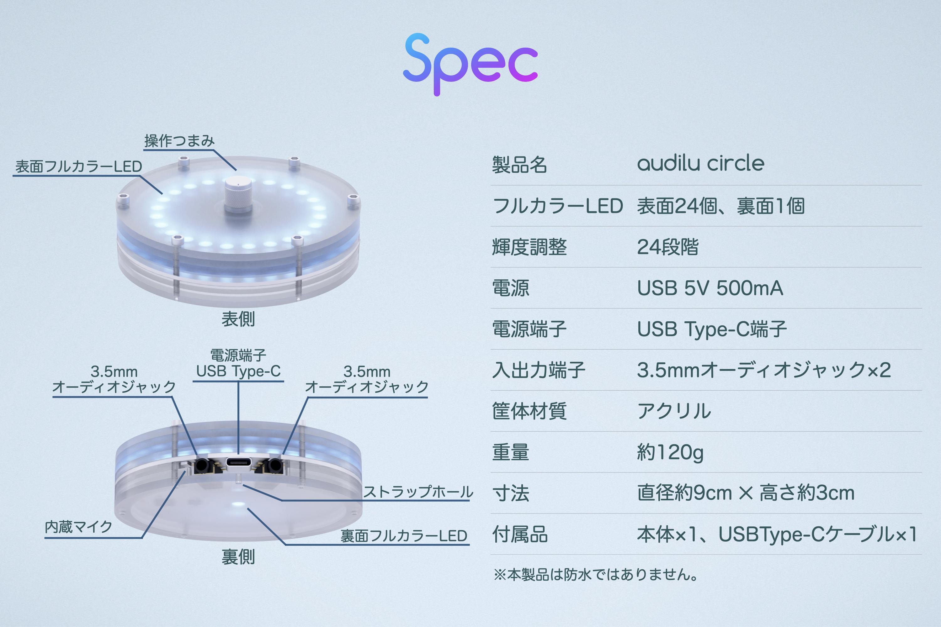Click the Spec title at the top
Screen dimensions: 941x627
click(x=470, y=64)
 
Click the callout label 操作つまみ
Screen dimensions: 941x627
click(x=179, y=141)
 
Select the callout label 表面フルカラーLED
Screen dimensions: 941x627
click(x=78, y=166)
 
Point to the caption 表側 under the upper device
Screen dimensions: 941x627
click(x=238, y=319)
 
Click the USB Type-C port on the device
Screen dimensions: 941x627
click(x=239, y=463)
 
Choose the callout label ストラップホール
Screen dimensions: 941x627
click(x=418, y=492)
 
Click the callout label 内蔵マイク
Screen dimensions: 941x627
click(x=78, y=527)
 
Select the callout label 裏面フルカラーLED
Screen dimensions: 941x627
click(x=404, y=536)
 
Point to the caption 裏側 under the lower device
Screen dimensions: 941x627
click(x=238, y=557)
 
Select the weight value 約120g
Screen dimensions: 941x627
click(x=670, y=453)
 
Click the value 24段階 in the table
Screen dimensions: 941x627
click(x=668, y=247)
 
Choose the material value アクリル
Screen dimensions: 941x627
click(x=674, y=411)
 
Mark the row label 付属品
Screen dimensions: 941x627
click(x=520, y=535)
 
